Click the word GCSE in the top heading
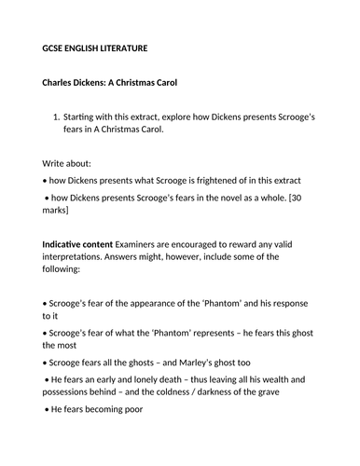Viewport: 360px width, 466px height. point(56,48)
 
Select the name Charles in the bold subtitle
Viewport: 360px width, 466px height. point(64,82)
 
